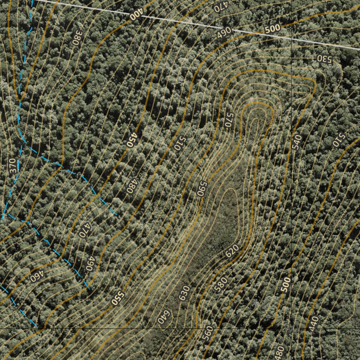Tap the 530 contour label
click(x=324, y=59)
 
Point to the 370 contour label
click(x=13, y=166)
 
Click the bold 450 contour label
click(x=131, y=140)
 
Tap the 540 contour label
click(x=297, y=142)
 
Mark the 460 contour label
click(x=36, y=277)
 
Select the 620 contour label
click(x=232, y=250)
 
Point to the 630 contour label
click(x=184, y=293)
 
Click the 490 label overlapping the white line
click(x=224, y=32)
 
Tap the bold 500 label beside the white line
click(x=272, y=29)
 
